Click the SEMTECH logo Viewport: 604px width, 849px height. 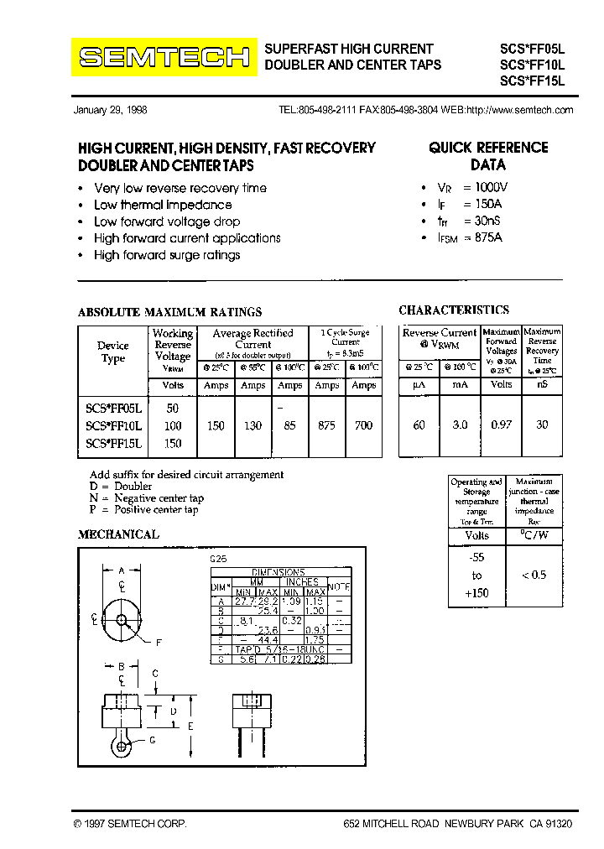coord(164,57)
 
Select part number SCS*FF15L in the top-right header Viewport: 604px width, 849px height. coord(533,81)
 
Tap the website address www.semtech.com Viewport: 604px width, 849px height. coord(519,110)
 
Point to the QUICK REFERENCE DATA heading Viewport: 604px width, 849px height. coord(488,155)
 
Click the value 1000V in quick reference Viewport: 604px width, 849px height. coord(492,188)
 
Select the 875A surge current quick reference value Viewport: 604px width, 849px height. coord(488,237)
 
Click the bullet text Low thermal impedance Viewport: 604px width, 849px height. coord(163,205)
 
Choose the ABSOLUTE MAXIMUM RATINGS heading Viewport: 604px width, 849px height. coord(169,312)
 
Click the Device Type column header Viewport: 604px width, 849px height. coord(113,352)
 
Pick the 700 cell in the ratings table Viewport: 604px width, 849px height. coord(363,426)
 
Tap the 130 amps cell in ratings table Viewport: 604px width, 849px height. coord(253,426)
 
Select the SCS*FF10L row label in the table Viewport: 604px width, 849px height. coord(114,426)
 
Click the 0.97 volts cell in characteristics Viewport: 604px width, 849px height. coord(501,425)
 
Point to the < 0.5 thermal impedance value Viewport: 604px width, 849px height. coord(534,575)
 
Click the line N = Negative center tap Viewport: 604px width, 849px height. coord(147,497)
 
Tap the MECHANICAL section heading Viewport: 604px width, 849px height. coord(118,534)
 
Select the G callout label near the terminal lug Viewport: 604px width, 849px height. coord(152,739)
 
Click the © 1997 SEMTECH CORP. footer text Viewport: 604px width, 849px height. coord(130,825)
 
